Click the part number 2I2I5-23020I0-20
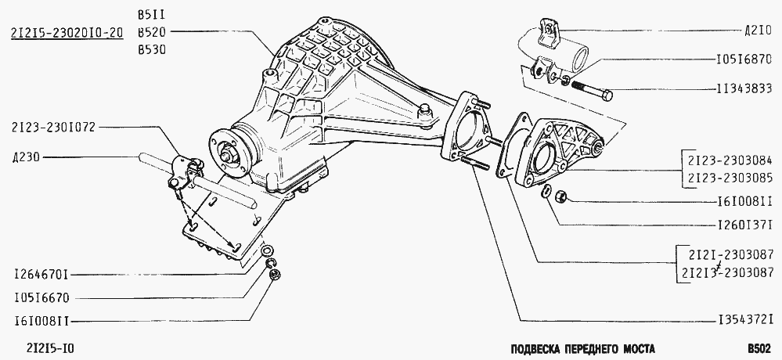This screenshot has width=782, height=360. click(x=67, y=33)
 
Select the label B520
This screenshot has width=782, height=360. click(x=152, y=32)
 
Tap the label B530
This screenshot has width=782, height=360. click(x=152, y=50)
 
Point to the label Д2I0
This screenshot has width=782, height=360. click(x=758, y=32)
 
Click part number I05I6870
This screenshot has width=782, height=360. click(x=744, y=60)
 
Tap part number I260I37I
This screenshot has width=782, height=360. click(x=744, y=224)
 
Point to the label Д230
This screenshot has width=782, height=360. click(x=25, y=158)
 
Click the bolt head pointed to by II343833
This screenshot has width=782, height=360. click(x=607, y=95)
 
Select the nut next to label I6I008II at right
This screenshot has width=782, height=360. click(x=560, y=195)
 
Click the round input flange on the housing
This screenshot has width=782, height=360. click(x=230, y=155)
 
